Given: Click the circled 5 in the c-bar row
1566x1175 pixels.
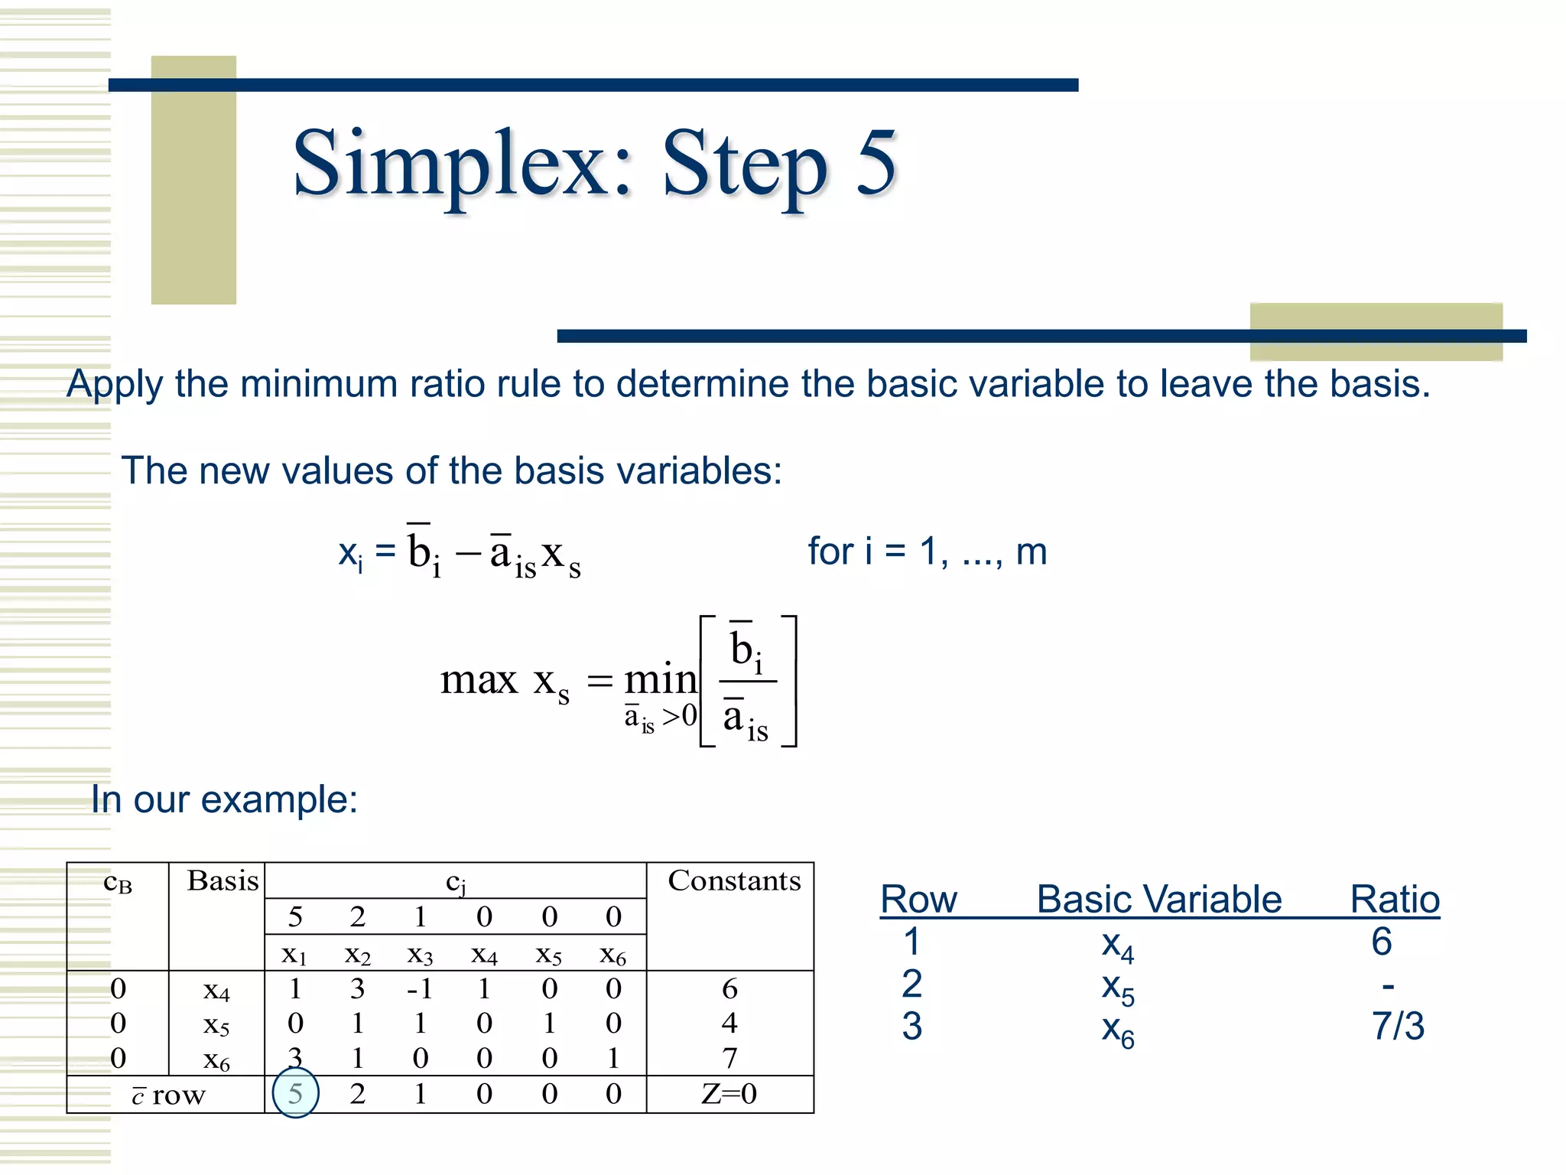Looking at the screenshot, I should tap(295, 1094).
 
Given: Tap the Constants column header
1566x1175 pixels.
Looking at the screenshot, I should tap(734, 880).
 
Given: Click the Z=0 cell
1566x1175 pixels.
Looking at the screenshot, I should tap(729, 1094).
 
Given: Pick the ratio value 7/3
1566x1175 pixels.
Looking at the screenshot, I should tap(1398, 1026).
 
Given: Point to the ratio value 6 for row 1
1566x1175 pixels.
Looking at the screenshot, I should tap(1381, 941).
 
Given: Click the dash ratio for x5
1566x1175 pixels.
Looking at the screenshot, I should tap(1388, 986).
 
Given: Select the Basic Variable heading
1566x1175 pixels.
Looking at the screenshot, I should tap(1158, 899).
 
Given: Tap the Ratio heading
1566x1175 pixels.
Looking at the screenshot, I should tap(1395, 899).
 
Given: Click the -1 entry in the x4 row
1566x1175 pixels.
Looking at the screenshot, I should tap(420, 989).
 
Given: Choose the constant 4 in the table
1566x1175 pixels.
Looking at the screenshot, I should tap(729, 1023).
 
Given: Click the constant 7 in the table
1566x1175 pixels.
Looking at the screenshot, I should tap(729, 1058).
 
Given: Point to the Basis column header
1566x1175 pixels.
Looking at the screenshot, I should tap(223, 880).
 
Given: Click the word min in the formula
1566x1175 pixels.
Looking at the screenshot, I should tap(660, 679).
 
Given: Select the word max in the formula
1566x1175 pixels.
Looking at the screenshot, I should tap(479, 679).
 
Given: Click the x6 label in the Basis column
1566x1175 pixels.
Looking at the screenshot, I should tap(216, 1059).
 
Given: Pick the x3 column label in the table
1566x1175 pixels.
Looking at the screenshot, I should tap(420, 955).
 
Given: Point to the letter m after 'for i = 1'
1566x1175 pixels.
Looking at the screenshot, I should tap(1031, 552).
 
